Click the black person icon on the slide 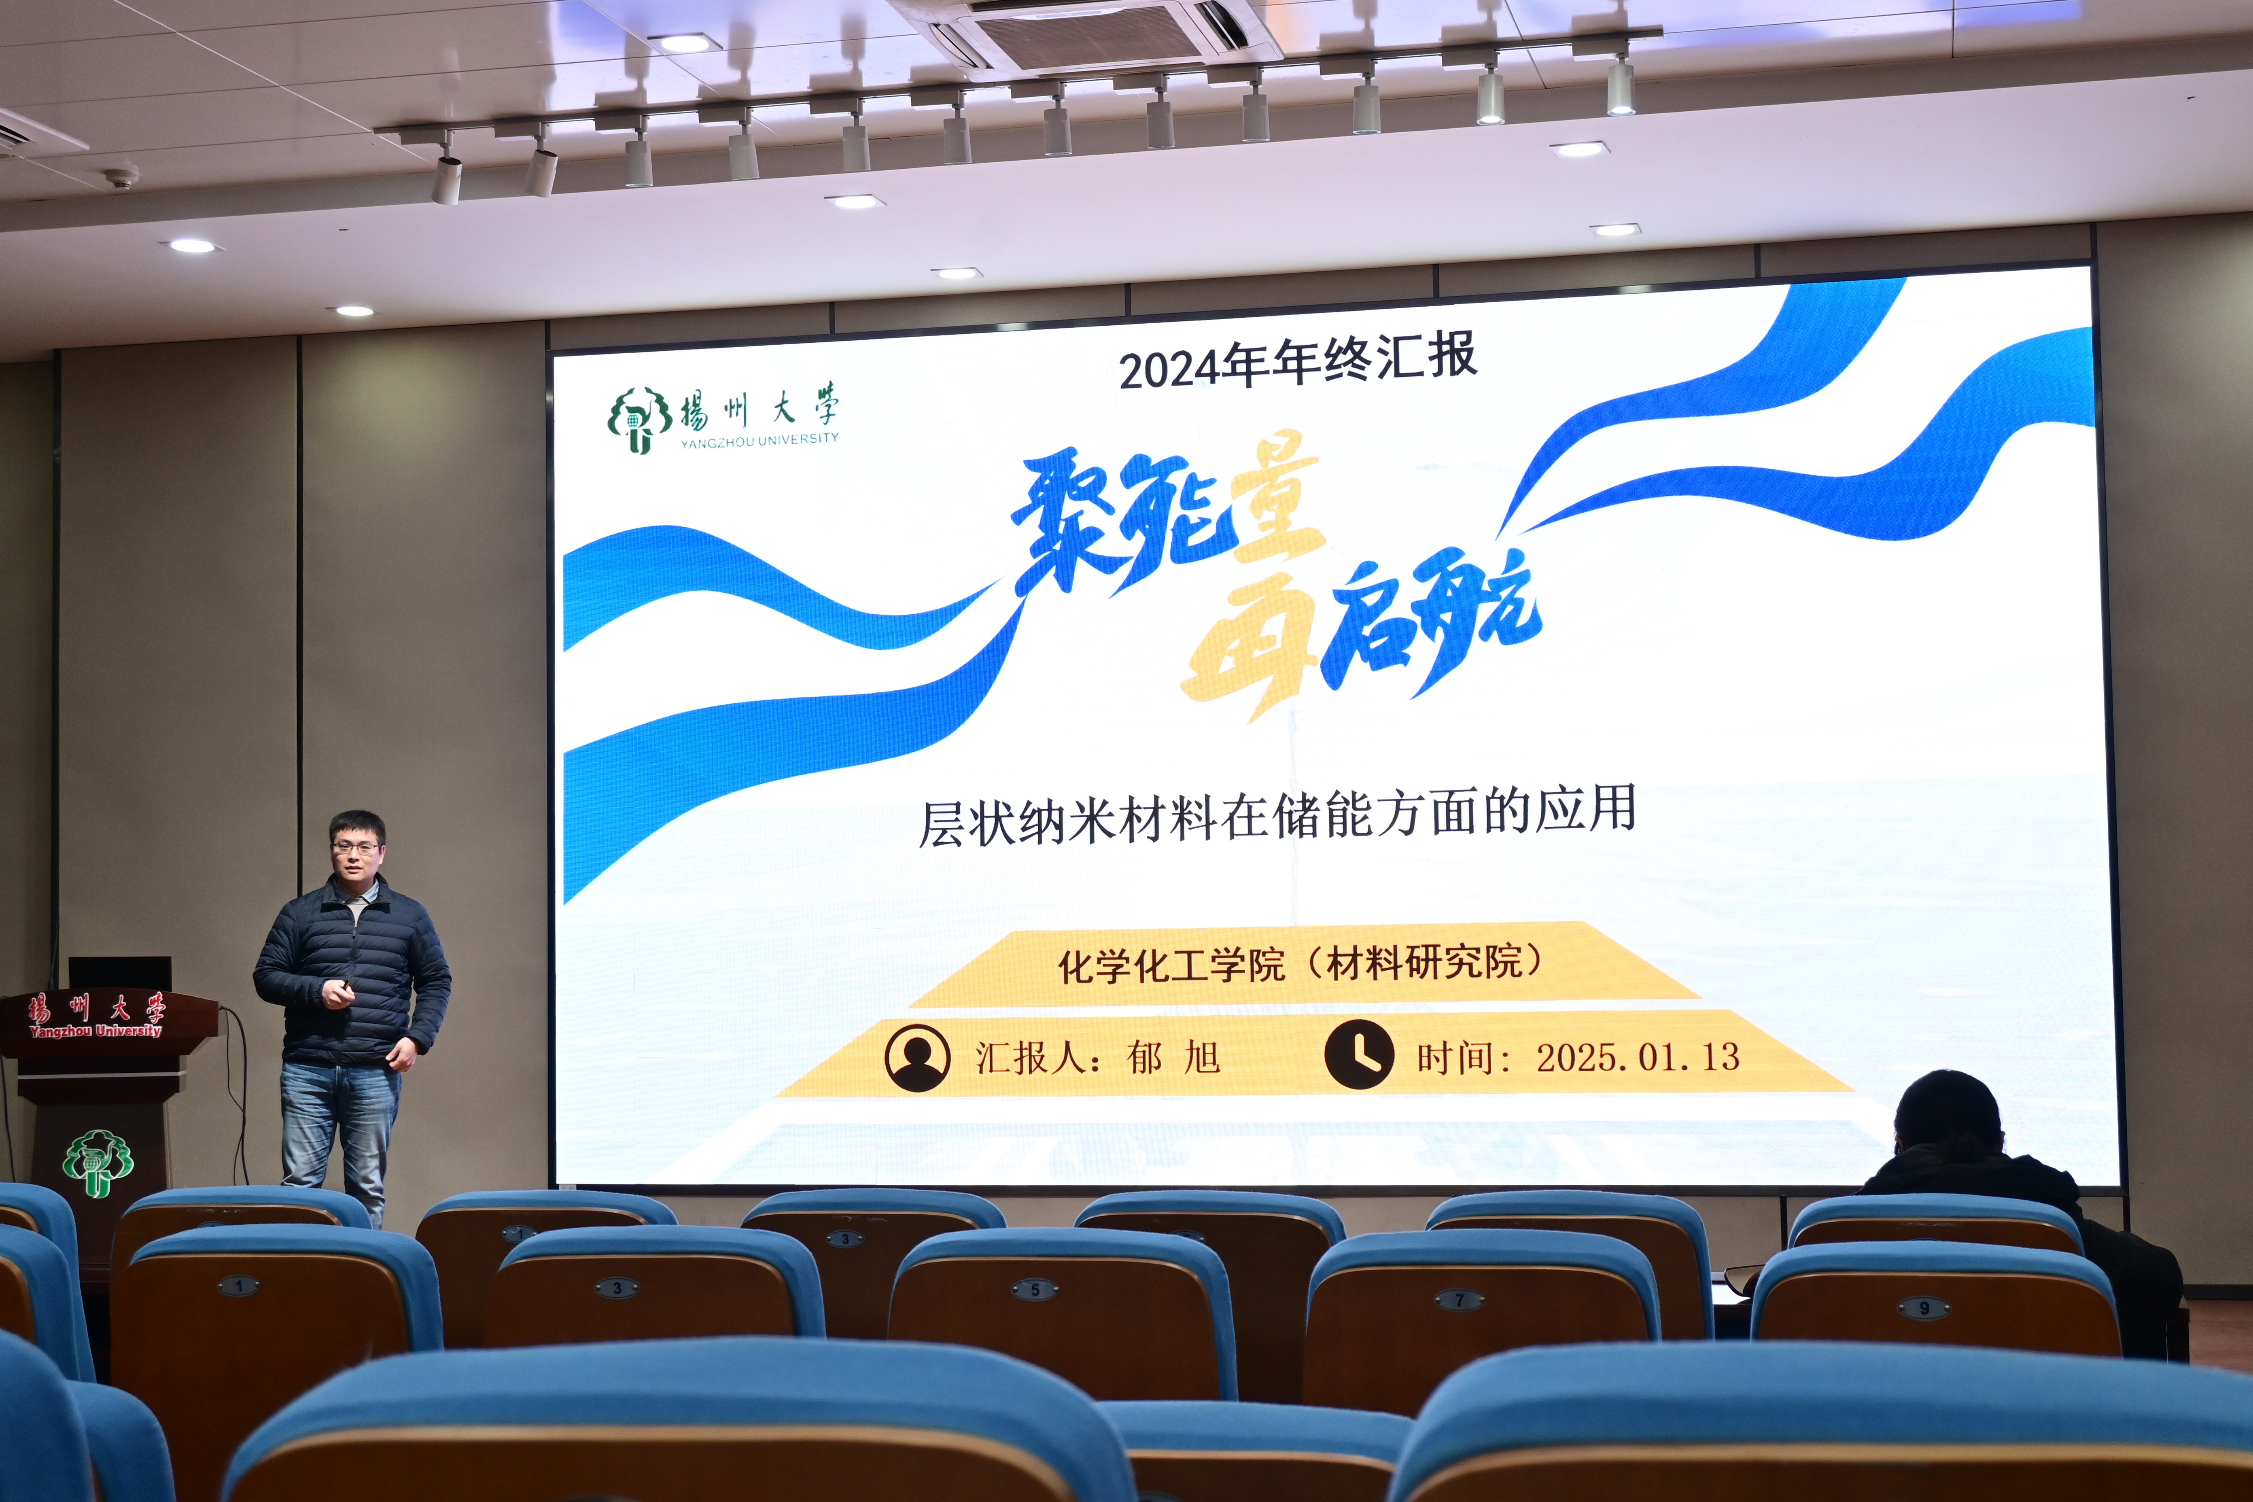[917, 1059]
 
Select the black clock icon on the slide [1358, 1054]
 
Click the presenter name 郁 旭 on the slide [1173, 1059]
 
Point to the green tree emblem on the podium [98, 1162]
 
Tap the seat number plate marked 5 [1035, 1289]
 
